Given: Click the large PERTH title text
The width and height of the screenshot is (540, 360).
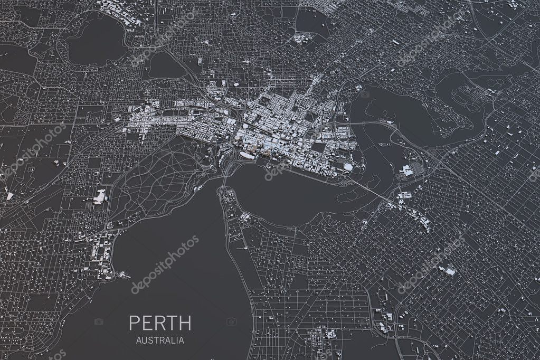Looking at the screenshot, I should (x=160, y=322).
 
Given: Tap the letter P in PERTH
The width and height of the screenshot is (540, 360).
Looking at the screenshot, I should (x=134, y=322).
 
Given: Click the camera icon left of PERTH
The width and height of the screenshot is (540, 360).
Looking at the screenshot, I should (x=98, y=321).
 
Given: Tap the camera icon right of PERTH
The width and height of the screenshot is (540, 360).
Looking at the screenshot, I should (x=231, y=321).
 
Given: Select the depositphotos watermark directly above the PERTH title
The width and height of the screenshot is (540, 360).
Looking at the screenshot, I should (x=165, y=264).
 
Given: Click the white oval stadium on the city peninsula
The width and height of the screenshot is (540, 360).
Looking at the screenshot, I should (x=348, y=167).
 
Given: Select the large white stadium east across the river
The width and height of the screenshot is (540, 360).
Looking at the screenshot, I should (x=407, y=170).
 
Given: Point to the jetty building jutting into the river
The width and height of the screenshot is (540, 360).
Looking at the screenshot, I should (x=124, y=274).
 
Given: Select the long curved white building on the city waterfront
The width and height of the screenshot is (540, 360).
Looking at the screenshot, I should (x=247, y=155).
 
